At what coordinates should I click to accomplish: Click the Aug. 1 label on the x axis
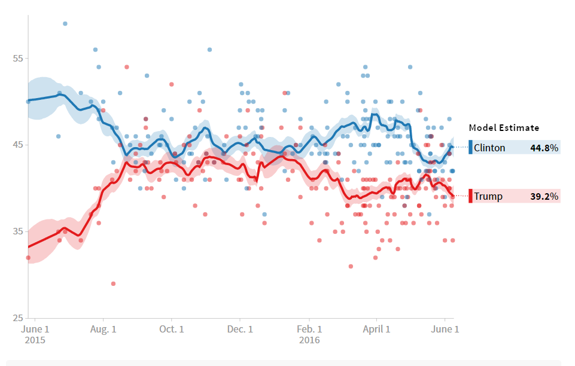103,329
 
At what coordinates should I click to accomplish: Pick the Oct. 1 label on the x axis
171,329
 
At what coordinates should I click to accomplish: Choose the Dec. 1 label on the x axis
240,329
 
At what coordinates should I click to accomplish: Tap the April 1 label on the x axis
377,329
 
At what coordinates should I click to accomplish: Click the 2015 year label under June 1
35,340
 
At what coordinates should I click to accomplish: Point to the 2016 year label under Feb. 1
309,340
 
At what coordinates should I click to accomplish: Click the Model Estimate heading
504,127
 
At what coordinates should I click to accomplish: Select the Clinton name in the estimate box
489,148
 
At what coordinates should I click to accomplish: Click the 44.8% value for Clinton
544,148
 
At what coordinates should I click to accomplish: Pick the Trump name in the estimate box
488,196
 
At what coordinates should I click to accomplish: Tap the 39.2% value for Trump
544,196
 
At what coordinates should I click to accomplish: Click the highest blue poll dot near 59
65,23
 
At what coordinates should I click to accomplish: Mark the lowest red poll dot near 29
113,283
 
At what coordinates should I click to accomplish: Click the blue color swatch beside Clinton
471,147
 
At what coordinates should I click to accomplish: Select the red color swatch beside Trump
471,196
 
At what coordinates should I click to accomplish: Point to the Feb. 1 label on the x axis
310,329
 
